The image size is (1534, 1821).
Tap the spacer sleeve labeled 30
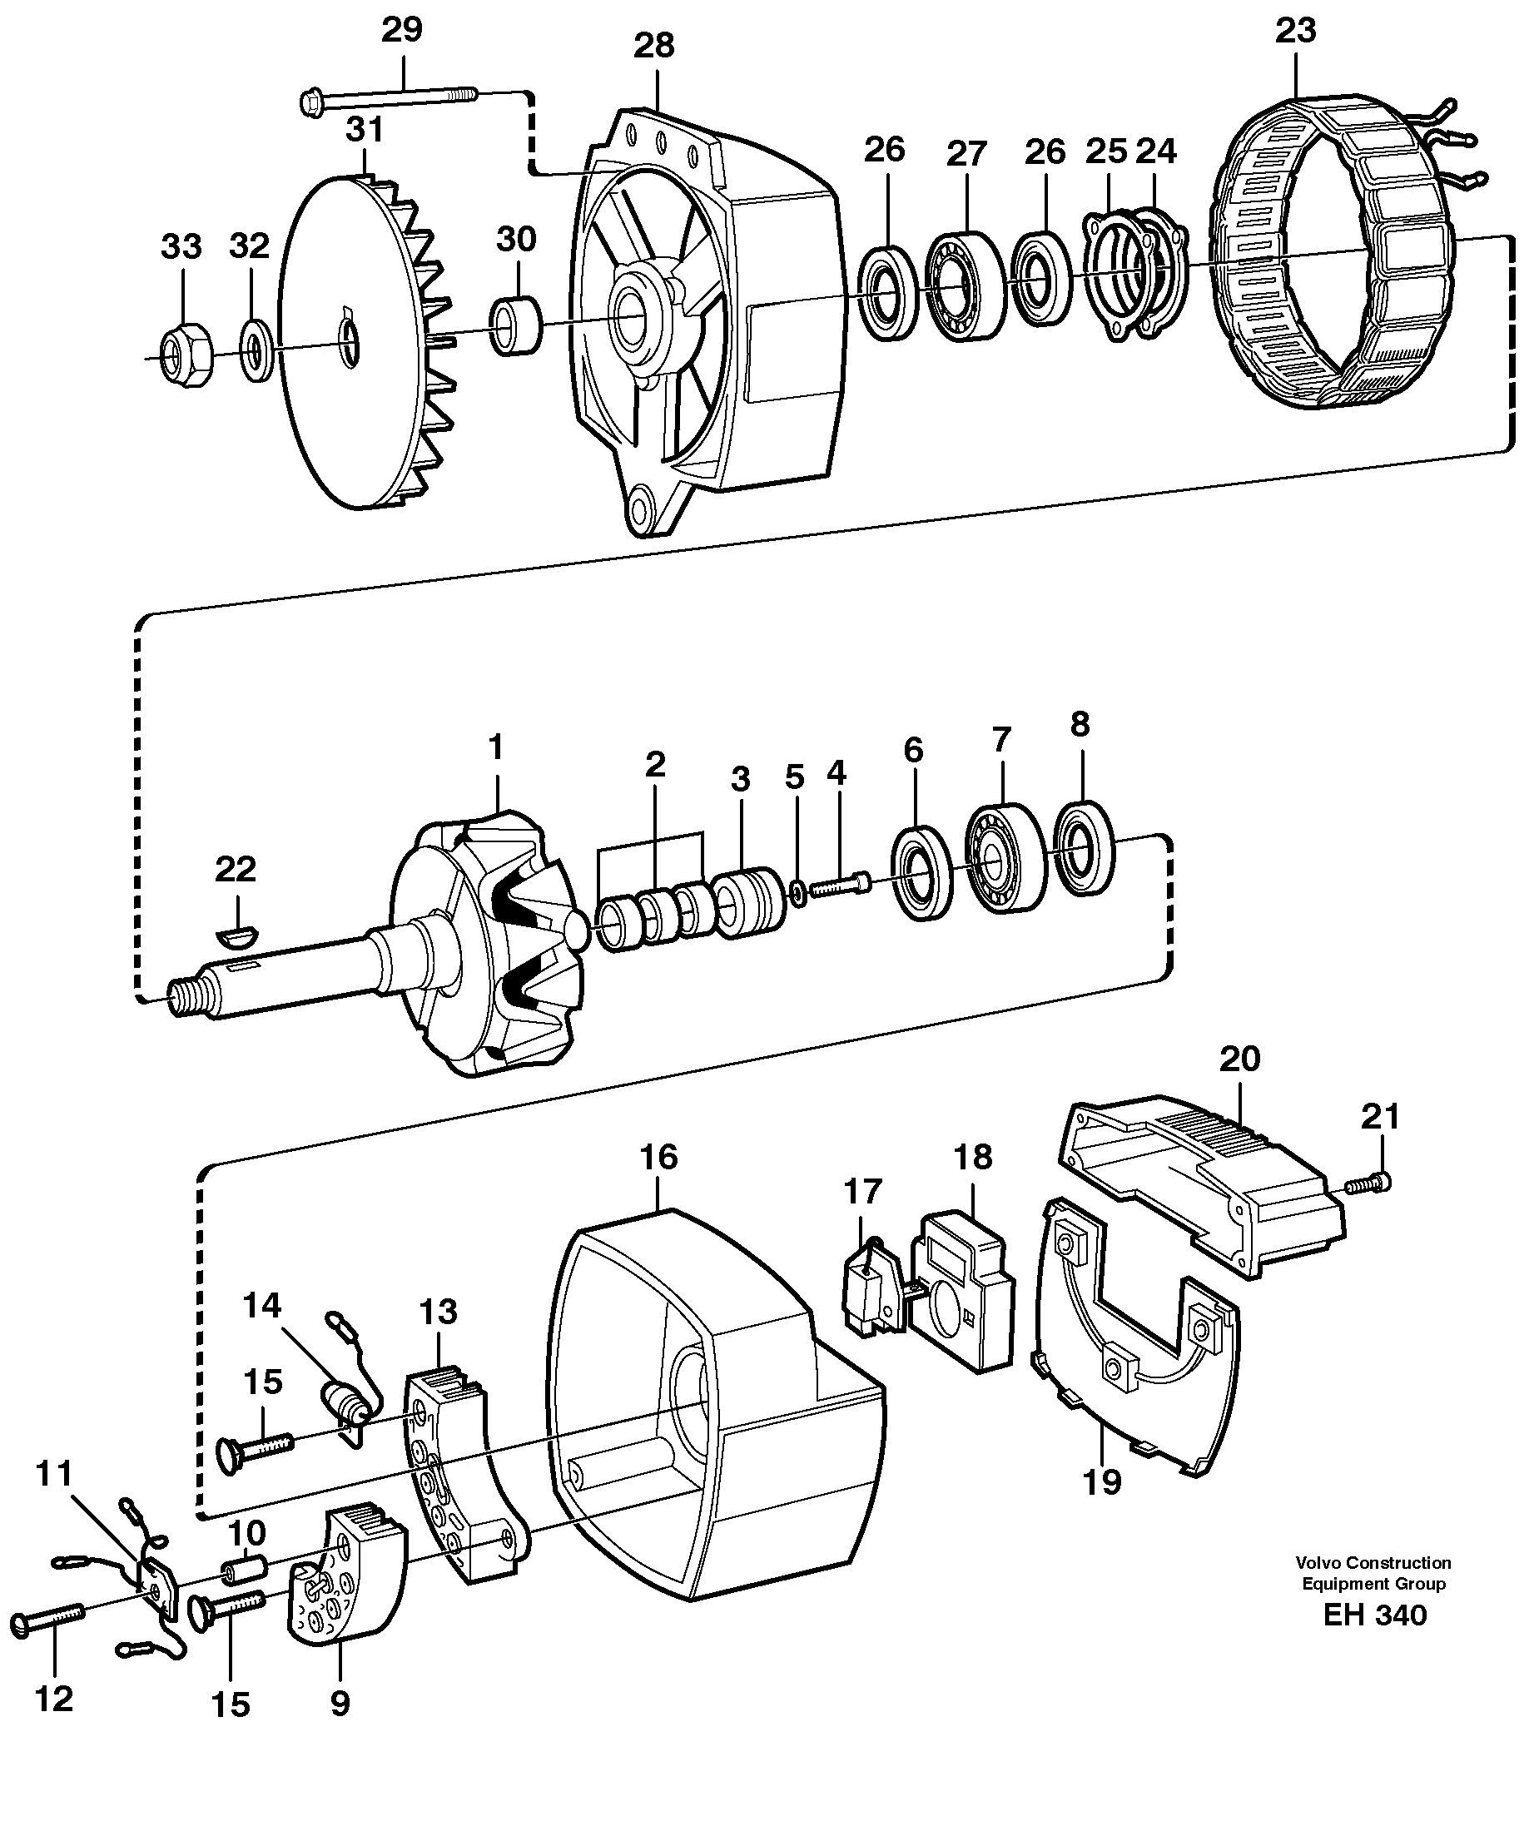point(517,326)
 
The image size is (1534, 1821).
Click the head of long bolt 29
point(311,102)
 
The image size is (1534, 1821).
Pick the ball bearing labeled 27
point(964,285)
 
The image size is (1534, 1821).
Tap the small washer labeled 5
point(797,891)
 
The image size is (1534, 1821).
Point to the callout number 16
point(658,1158)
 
